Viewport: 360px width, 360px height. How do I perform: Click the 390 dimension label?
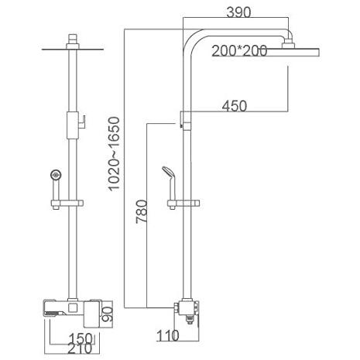238,12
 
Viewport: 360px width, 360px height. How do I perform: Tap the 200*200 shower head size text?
239,50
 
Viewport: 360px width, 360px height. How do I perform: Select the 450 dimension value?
235,106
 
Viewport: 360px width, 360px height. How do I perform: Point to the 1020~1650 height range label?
114,154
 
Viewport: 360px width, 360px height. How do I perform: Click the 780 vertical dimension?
142,211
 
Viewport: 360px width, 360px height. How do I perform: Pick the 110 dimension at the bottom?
168,336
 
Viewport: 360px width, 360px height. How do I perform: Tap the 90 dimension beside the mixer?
107,314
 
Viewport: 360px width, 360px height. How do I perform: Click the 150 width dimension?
81,338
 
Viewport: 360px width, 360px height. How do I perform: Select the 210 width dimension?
80,348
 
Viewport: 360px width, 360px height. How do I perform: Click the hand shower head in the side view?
170,176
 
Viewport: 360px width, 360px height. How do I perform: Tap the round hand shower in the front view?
56,175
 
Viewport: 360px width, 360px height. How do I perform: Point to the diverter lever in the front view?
82,122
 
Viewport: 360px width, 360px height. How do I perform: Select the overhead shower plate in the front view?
73,49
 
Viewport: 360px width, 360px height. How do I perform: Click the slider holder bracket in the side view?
183,204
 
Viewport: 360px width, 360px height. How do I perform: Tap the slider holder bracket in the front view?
67,204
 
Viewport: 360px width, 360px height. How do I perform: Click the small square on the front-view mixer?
73,307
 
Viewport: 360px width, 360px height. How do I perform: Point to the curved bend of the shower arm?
192,39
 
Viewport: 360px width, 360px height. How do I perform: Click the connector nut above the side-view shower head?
287,44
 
